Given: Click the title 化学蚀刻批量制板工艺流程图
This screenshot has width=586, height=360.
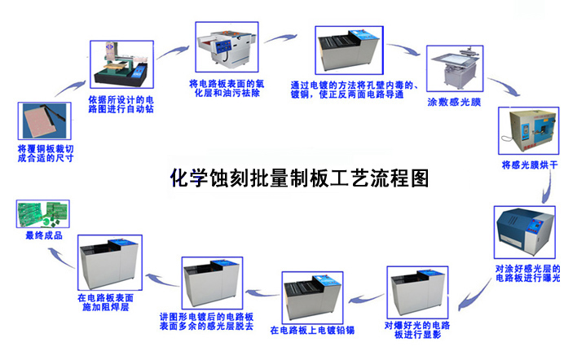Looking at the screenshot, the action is pos(299,178).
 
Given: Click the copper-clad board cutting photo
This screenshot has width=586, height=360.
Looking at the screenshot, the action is pos(45,121).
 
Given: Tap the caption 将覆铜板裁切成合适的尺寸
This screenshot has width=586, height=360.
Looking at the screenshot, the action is pos(46,153).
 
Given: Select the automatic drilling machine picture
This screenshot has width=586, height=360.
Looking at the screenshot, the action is pos(121,64).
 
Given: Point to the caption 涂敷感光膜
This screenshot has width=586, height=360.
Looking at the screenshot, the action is pos(454,103).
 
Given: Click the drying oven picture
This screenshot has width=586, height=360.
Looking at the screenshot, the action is pos(528,130).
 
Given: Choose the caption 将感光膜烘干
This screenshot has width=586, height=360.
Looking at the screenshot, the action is pos(530,165).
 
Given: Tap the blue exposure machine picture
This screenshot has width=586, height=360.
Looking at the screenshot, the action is pos(524,232).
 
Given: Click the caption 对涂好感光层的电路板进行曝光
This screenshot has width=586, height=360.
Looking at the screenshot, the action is pos(527,274).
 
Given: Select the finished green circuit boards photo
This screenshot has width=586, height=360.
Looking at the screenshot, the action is pos(43,213).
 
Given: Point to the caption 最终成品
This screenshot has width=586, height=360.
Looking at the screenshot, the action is pos(44,235).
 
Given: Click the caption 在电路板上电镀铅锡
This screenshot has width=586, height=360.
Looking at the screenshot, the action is pos(312,330).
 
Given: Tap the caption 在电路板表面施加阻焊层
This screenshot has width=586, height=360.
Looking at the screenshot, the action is pos(105,302).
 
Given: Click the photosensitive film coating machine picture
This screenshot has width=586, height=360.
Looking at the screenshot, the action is pos(455,68).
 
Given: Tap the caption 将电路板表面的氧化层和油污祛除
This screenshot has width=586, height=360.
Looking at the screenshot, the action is pos(227,89).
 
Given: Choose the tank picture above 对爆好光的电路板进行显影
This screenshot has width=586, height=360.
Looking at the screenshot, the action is pos(417,292).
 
